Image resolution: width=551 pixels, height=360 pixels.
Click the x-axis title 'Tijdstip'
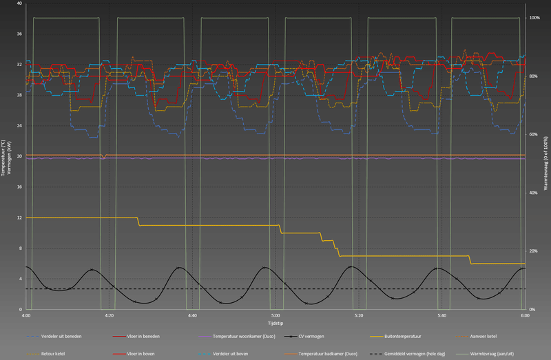[275, 322]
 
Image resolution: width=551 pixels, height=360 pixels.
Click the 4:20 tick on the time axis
[109, 315]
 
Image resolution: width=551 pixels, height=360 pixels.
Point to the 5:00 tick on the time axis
[275, 315]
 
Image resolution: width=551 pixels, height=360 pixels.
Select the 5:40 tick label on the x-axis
[441, 315]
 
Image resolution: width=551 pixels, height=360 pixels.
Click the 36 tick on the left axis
[20, 34]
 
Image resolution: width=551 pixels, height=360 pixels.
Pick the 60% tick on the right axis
[534, 134]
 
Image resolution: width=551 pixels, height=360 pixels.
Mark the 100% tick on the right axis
[534, 17]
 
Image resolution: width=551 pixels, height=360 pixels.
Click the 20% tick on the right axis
[534, 251]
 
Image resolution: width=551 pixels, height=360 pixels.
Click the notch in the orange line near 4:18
[103, 157]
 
